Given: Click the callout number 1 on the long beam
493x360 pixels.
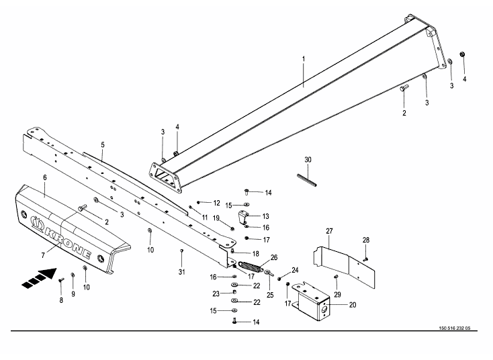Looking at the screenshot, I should [303, 60].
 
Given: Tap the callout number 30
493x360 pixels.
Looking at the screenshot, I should [308, 160].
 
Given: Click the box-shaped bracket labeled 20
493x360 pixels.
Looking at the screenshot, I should [316, 298].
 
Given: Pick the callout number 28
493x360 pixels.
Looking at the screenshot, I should [367, 240].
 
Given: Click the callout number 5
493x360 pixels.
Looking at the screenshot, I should [103, 144].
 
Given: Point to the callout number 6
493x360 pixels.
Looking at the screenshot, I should [44, 177].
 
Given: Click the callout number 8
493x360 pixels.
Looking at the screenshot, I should [61, 300].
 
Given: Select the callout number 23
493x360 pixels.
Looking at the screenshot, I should [216, 293].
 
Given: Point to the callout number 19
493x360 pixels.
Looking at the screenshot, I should [217, 218].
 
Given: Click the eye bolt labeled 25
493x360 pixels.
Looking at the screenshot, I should [268, 273].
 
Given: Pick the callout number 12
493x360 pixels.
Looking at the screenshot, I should [216, 203].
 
